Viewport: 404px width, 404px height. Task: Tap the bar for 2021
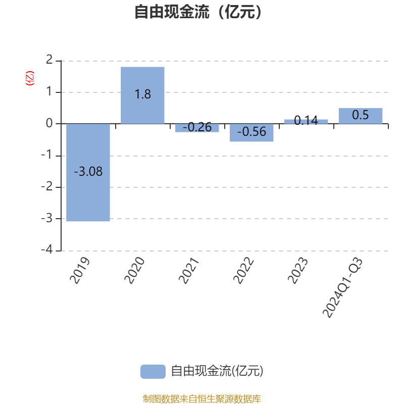tap(197, 128)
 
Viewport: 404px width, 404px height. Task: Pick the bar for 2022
tap(251, 133)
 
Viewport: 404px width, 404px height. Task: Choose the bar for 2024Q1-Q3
tap(361, 116)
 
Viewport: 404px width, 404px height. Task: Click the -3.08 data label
tap(88, 172)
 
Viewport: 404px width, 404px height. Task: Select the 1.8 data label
tap(142, 94)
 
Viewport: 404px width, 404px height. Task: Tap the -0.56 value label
tap(251, 132)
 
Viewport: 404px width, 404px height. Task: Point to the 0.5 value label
tap(361, 115)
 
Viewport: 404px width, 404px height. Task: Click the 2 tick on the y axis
tap(49, 61)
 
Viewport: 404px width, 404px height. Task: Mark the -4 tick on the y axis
tap(46, 250)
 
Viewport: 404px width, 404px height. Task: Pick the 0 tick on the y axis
tap(49, 124)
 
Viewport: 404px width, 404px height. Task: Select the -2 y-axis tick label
tap(46, 187)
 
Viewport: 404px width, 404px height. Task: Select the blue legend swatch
tap(153, 371)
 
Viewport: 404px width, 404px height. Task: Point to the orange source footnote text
tap(201, 399)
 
